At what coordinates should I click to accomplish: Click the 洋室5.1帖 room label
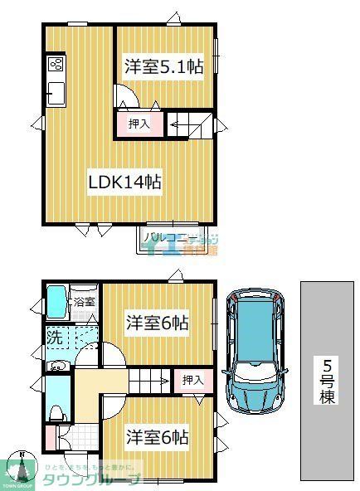(163, 68)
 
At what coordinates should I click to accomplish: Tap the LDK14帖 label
(124, 181)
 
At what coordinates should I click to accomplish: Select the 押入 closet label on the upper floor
(139, 124)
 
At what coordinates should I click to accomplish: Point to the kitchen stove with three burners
(56, 65)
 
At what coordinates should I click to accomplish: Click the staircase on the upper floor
(189, 124)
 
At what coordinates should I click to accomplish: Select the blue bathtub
(56, 303)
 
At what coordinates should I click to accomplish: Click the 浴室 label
(84, 303)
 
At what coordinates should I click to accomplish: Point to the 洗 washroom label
(53, 338)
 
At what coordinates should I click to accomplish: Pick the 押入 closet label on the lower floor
(193, 381)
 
